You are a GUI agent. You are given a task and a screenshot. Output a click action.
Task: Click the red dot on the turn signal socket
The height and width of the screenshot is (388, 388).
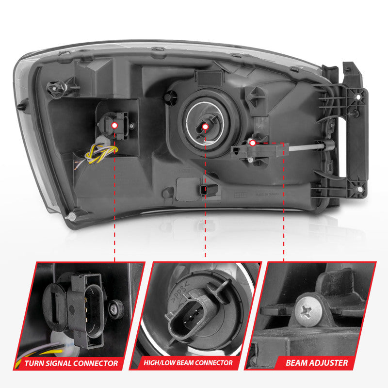tap(114, 125)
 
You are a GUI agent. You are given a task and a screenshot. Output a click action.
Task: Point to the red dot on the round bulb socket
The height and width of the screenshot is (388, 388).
tap(205, 126)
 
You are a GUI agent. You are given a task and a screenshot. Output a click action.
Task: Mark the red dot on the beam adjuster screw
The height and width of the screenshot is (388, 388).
tap(252, 143)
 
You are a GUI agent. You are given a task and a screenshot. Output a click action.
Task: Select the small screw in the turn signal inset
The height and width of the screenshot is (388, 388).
tap(115, 307)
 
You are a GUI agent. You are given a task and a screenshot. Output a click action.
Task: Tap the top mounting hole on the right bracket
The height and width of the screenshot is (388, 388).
tap(358, 97)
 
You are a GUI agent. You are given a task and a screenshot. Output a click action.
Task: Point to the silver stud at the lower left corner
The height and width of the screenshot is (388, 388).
tap(72, 215)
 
